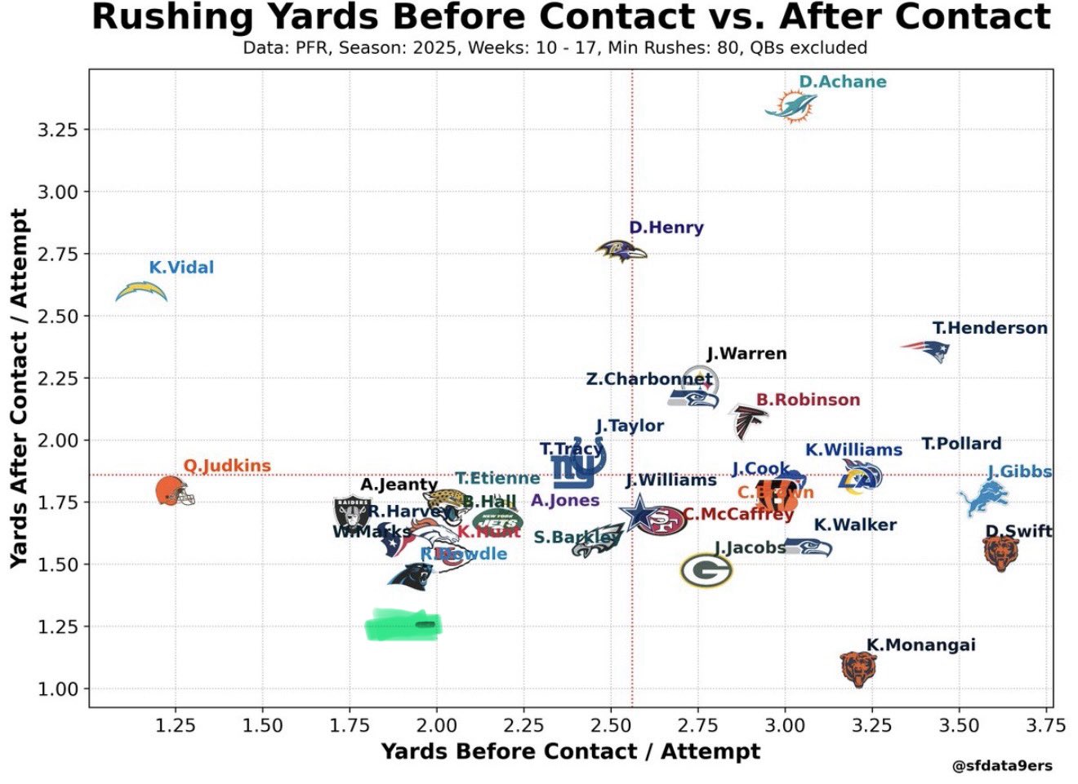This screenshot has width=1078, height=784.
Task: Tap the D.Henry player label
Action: point(666,228)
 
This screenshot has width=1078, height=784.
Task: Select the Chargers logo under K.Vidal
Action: point(141,291)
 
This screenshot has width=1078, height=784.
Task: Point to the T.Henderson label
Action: point(990,328)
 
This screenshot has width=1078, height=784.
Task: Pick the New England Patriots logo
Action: point(926,350)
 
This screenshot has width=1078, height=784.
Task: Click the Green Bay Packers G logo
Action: point(706,570)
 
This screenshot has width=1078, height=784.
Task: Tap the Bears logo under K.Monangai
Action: point(858,668)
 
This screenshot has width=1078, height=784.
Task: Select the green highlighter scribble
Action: point(403,626)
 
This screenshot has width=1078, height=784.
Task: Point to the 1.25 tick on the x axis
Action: point(174,725)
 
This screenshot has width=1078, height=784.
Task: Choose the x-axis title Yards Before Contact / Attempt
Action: point(570,751)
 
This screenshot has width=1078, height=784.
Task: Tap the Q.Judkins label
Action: point(226,466)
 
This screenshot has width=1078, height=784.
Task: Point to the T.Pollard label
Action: point(961,444)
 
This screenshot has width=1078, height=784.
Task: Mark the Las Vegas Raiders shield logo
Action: point(353,515)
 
